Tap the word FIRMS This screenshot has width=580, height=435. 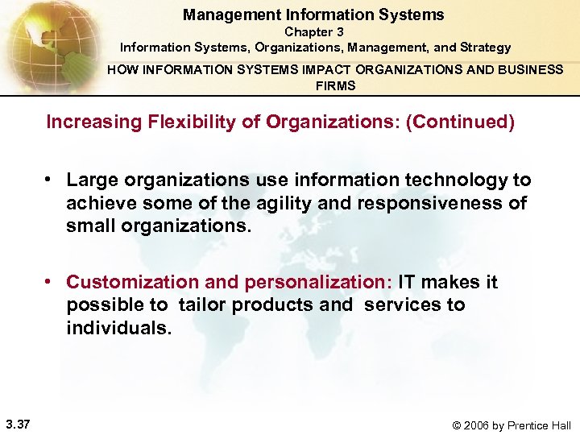tap(335, 85)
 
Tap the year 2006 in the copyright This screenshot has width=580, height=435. tap(478, 425)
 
